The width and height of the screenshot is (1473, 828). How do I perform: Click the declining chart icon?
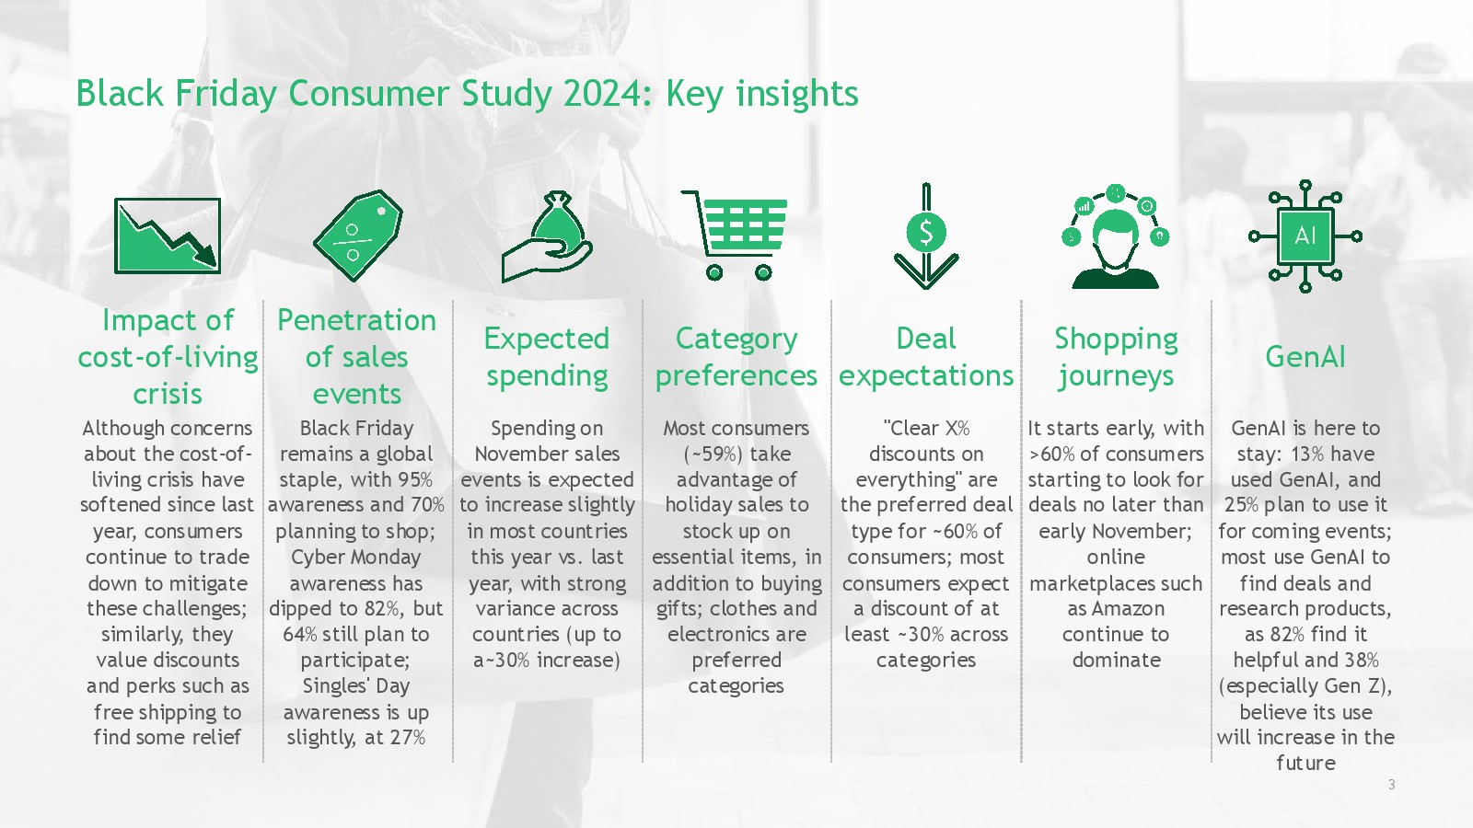pos(167,236)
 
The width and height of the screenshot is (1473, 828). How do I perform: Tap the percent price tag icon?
pos(358,236)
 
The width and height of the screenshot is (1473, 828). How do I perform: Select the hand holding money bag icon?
pos(547,236)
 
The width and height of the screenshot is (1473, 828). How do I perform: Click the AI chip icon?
pos(1305,236)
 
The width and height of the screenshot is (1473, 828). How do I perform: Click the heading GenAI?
pos(1305,357)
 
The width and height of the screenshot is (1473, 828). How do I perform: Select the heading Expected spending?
pos(547,357)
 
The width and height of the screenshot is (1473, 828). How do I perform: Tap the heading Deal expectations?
pos(926,357)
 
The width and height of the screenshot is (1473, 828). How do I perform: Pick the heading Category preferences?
pos(736,357)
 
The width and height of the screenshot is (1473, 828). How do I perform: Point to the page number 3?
pos(1391,784)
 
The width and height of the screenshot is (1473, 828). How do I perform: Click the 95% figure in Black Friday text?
pos(415,479)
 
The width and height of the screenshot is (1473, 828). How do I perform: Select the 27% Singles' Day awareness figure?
pos(408,737)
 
